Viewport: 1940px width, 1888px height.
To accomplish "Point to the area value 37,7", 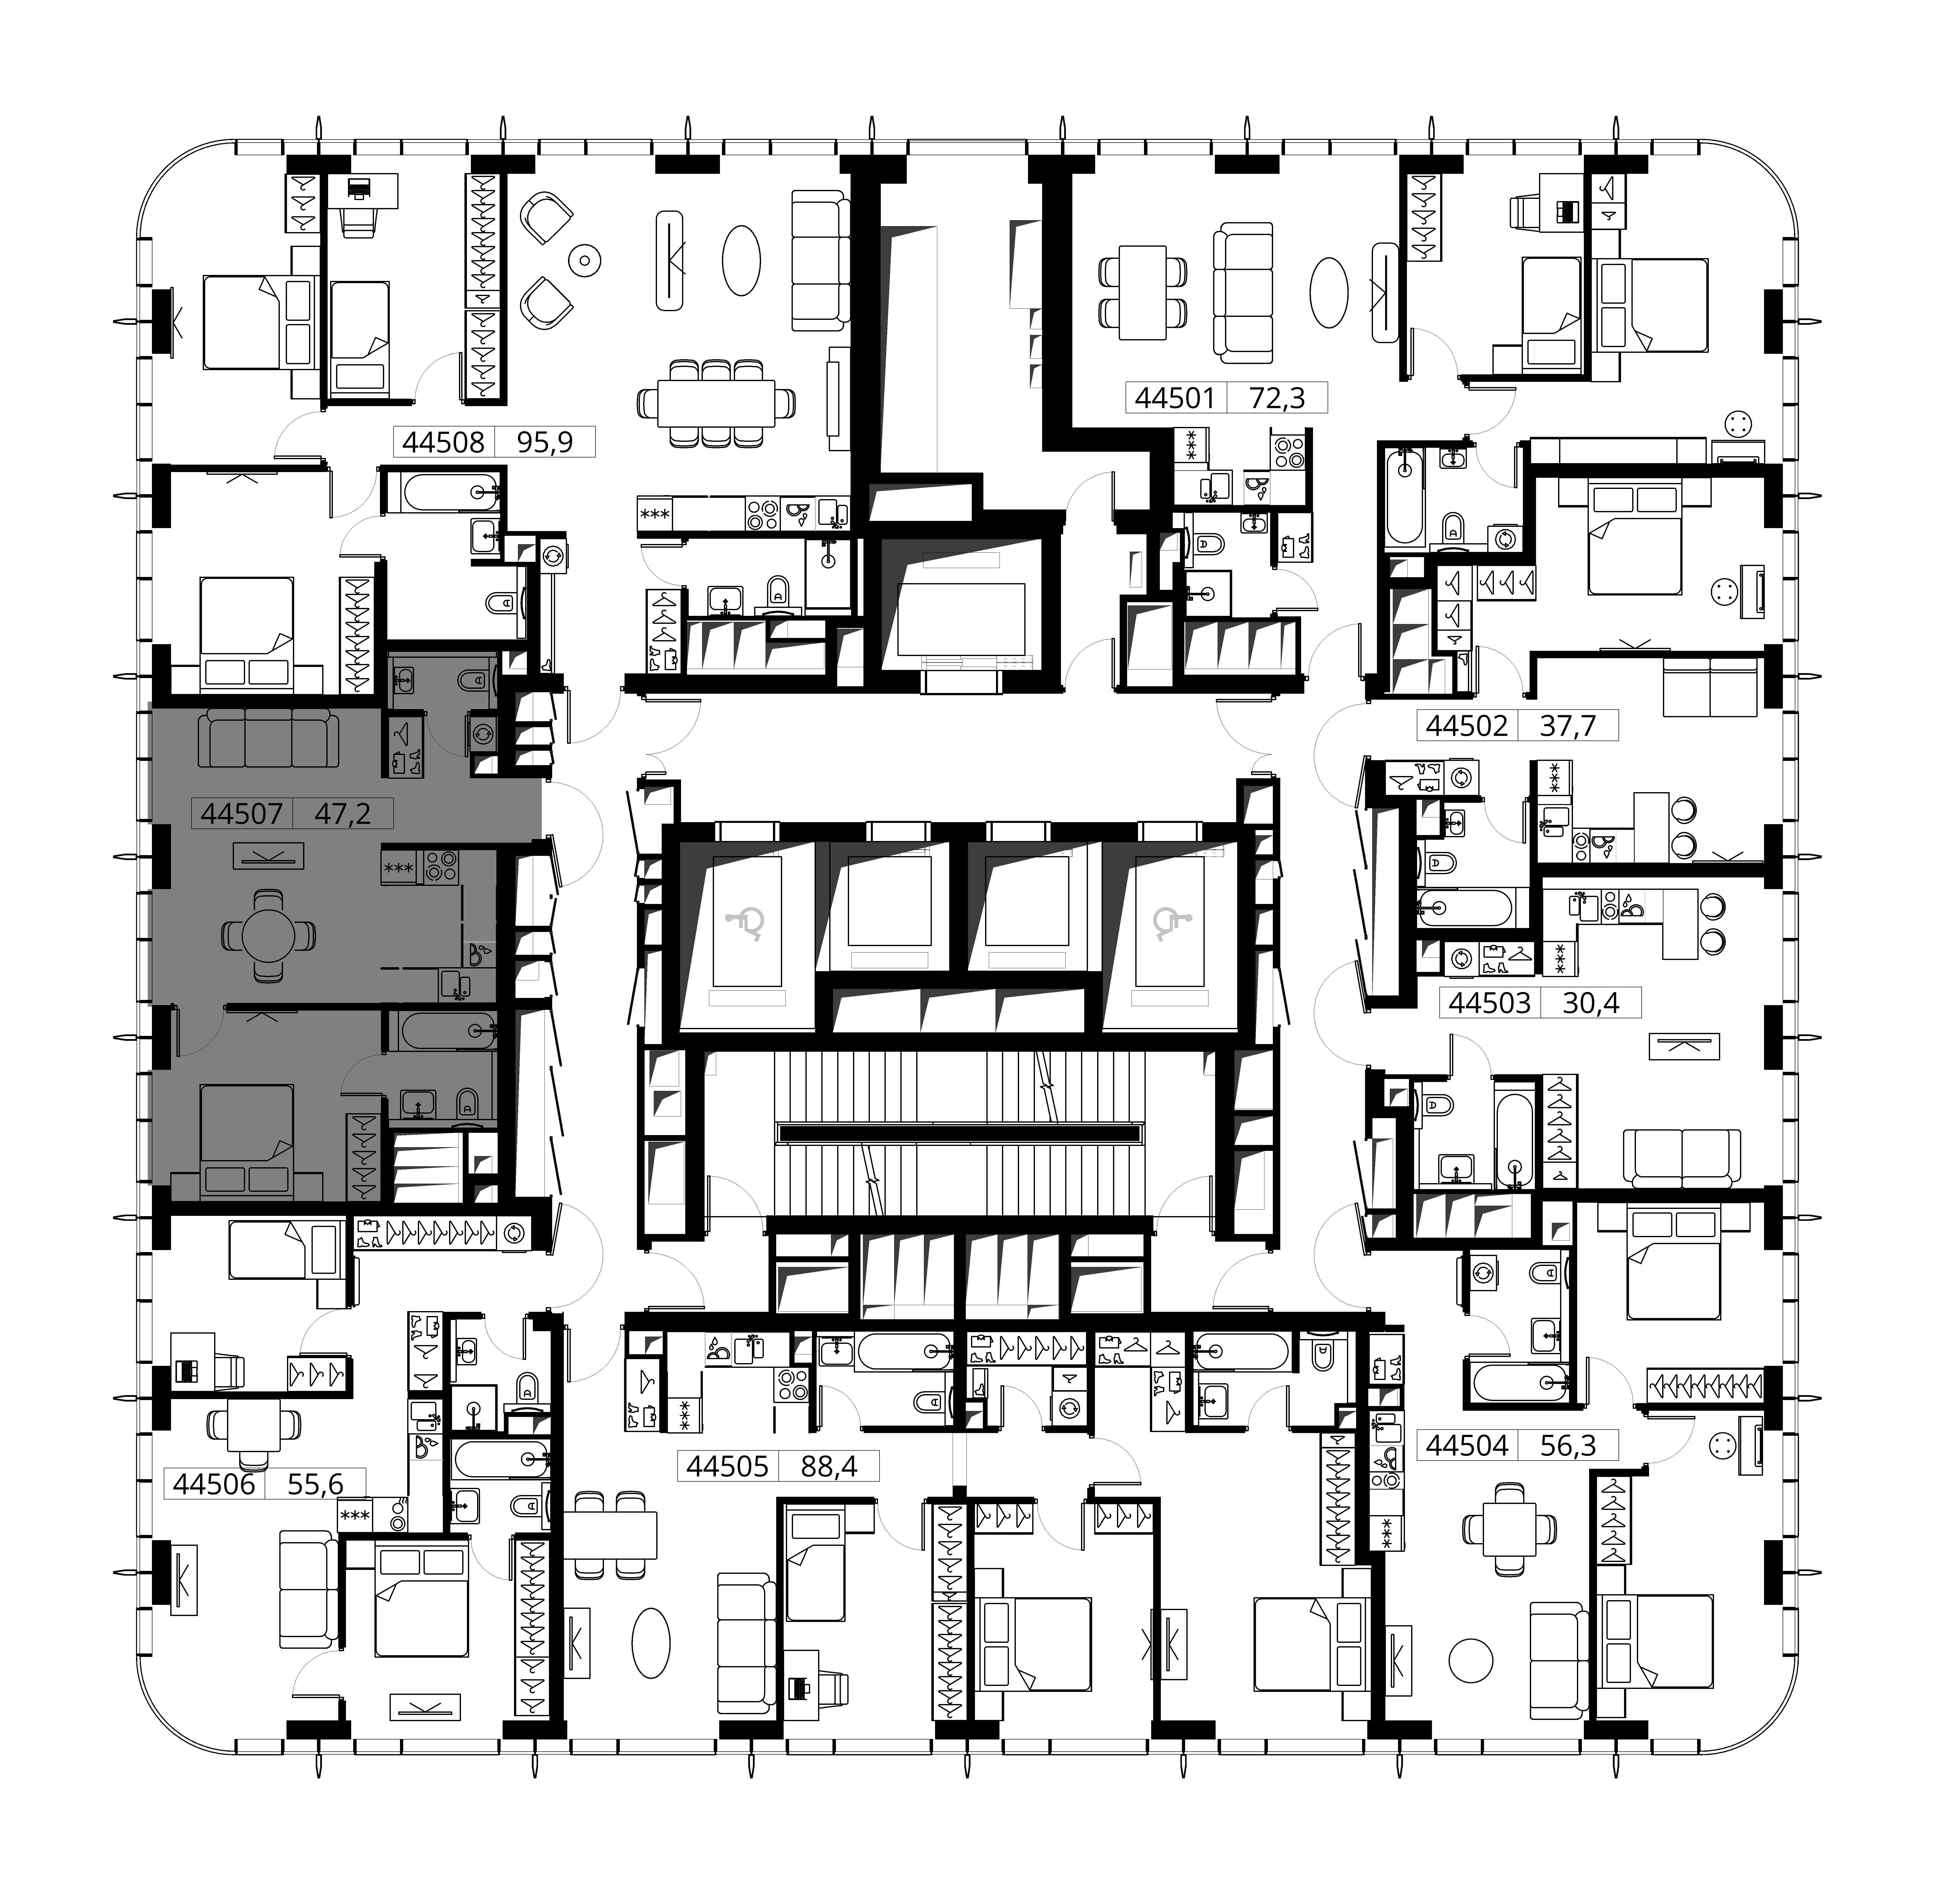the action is (1568, 726).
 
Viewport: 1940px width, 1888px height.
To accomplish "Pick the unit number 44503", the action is (1490, 1003).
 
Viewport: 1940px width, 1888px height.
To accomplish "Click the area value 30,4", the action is (1591, 1003).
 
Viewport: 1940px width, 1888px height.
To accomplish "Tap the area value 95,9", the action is (545, 441).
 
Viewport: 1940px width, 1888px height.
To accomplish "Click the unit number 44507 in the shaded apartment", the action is (242, 814).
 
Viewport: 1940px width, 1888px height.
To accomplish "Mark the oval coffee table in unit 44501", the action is (1329, 294).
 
